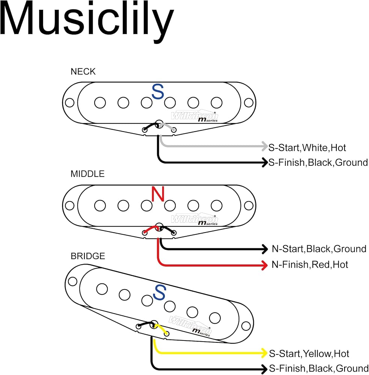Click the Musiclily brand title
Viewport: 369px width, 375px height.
(86, 21)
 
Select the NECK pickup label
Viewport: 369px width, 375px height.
(83, 72)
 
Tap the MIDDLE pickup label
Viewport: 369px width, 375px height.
(87, 174)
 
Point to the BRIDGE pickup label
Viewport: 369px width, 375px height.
(87, 256)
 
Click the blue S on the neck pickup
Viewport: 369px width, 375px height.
(158, 91)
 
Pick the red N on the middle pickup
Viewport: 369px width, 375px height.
(158, 194)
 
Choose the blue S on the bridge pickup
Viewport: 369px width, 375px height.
(159, 292)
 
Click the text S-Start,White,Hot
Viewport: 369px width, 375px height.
(307, 148)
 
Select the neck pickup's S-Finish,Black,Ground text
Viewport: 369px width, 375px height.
(318, 163)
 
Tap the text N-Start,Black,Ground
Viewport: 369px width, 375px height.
(319, 249)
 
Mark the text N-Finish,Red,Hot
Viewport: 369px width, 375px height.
(310, 265)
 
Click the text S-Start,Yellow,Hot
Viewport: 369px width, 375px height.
(309, 354)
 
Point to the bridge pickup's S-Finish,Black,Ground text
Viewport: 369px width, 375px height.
(319, 369)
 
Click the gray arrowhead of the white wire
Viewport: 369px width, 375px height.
(265, 146)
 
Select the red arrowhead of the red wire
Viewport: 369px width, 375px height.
(265, 265)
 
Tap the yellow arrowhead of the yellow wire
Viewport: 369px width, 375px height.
(264, 353)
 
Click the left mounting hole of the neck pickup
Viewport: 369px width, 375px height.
(70, 103)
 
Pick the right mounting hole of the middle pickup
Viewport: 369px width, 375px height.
(249, 205)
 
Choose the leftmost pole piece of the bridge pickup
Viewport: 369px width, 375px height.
(102, 289)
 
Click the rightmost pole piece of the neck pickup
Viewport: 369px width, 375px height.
(217, 103)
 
